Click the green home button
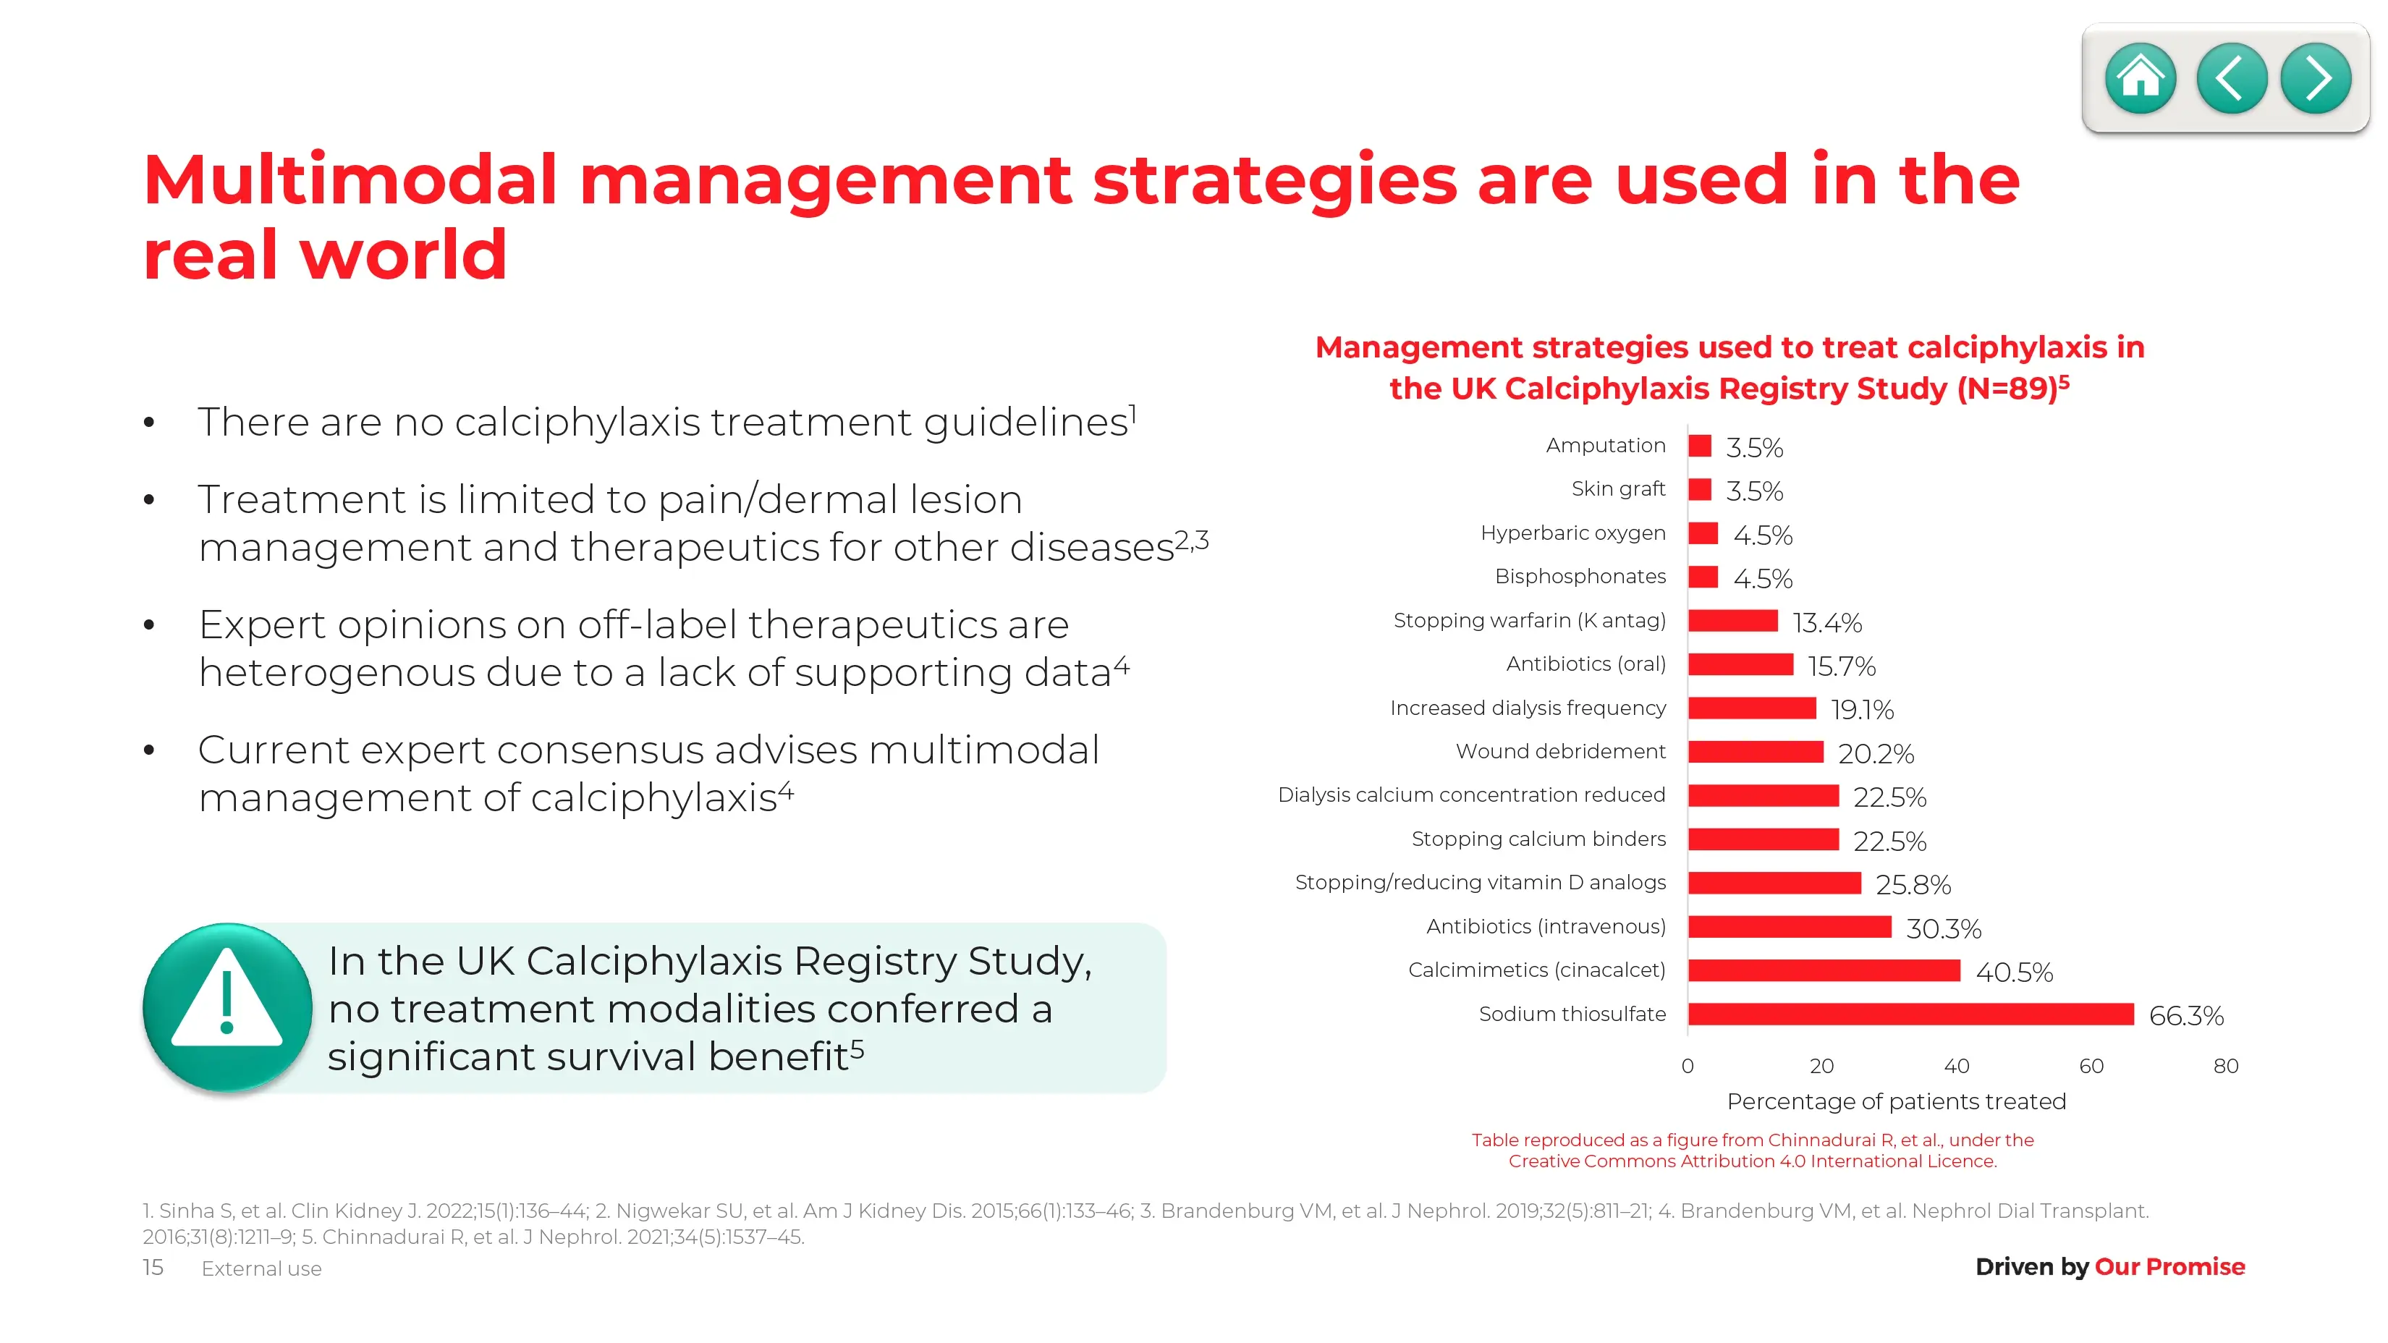click(x=2140, y=79)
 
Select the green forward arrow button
click(x=2316, y=79)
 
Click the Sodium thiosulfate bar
click(x=1910, y=1014)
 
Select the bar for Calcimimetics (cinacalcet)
click(x=1824, y=970)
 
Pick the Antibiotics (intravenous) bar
click(x=1789, y=927)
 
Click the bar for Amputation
click(x=1699, y=446)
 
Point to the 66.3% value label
click(x=2186, y=1016)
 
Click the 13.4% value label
click(x=1826, y=623)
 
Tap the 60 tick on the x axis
click(x=2091, y=1066)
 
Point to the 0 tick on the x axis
click(x=1688, y=1066)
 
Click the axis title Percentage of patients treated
click(x=1896, y=1101)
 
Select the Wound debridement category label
click(x=1560, y=752)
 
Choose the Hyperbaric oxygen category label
click(x=1572, y=533)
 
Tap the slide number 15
click(x=153, y=1267)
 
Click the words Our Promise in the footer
click(x=2169, y=1267)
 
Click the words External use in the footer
click(x=261, y=1269)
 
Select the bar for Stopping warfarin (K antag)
click(x=1732, y=621)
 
